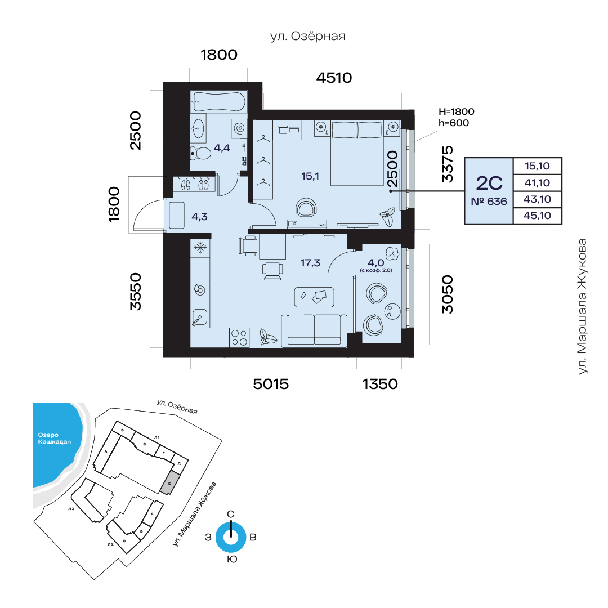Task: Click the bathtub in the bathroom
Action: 218,101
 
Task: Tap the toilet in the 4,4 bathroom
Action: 200,153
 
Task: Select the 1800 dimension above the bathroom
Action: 218,55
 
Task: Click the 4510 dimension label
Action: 334,78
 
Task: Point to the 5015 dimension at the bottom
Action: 271,385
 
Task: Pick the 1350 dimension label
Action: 380,385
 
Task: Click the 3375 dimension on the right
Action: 448,164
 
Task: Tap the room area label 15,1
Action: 310,176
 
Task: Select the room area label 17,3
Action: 310,263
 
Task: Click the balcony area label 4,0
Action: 375,263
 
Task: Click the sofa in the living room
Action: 314,329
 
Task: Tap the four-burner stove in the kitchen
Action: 239,338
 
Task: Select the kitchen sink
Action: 199,317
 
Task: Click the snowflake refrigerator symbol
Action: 200,247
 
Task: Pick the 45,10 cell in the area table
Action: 537,216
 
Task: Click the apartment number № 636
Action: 489,202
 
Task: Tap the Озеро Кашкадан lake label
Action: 54,438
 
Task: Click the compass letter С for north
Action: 230,514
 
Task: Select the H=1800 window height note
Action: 457,111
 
